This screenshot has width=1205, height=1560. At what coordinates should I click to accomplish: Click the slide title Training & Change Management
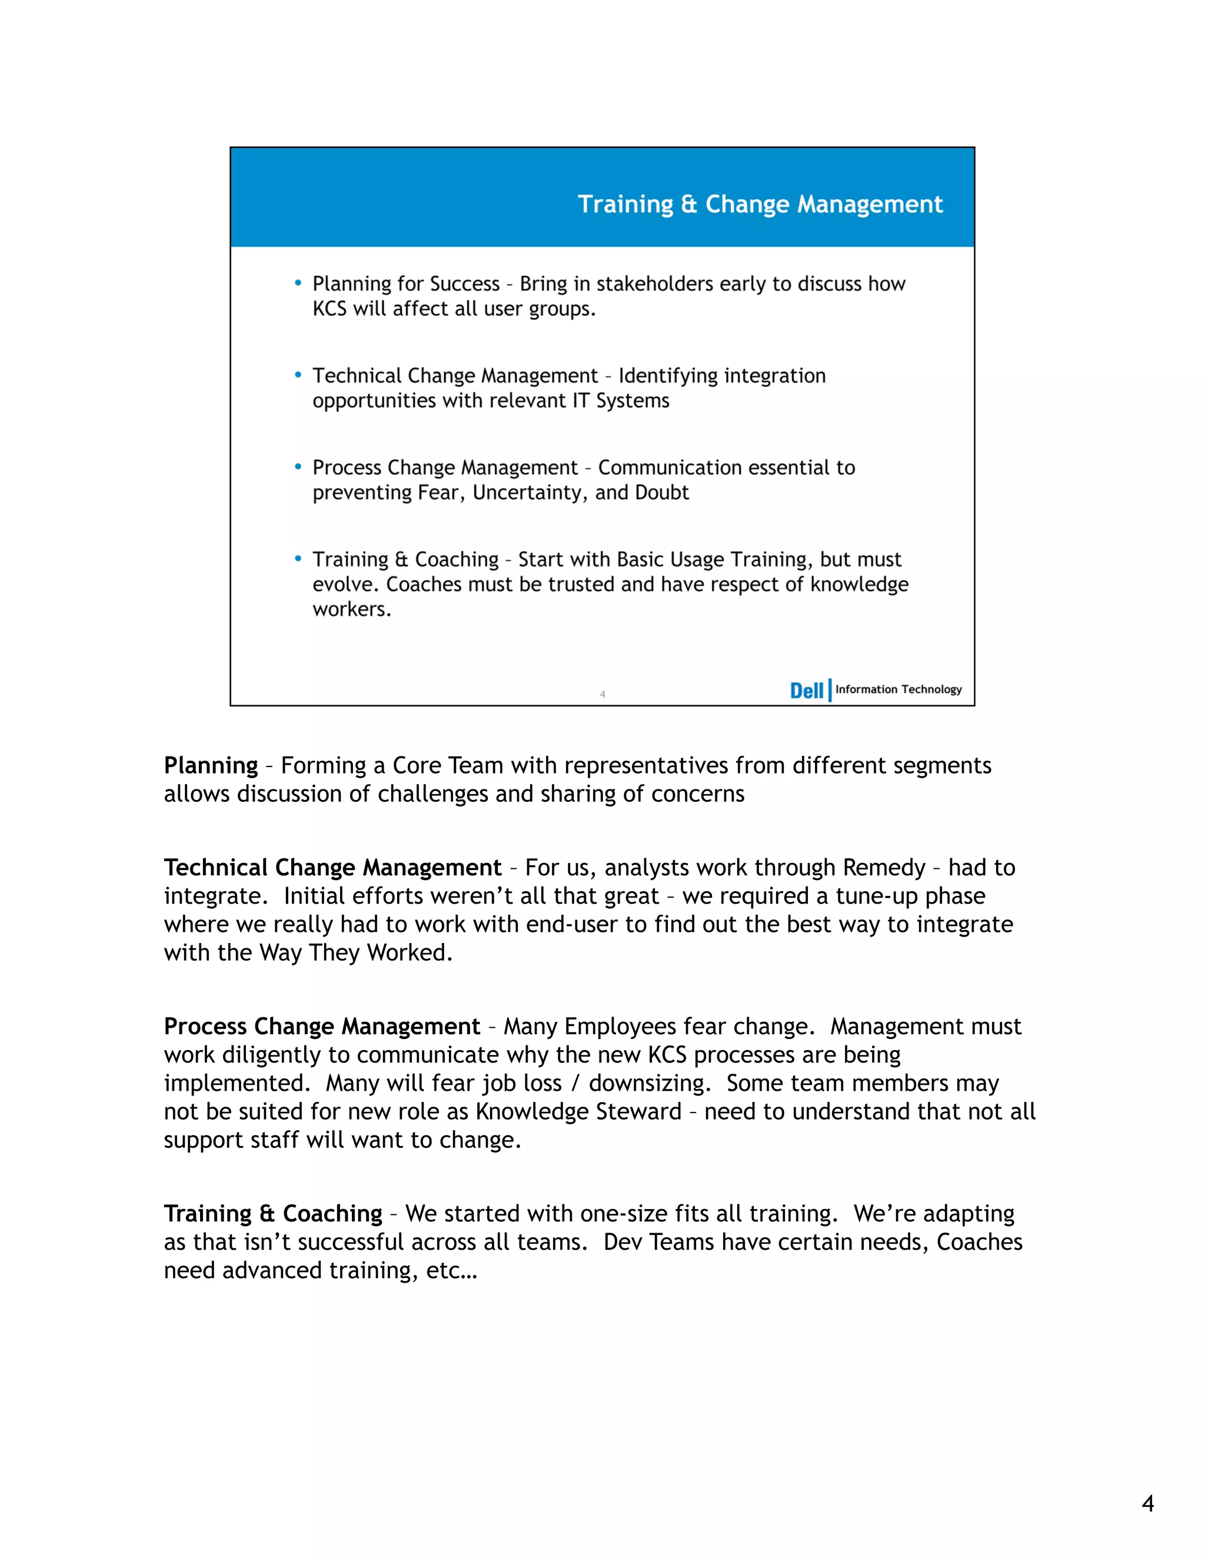[760, 204]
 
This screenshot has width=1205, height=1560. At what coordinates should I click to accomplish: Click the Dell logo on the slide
[806, 691]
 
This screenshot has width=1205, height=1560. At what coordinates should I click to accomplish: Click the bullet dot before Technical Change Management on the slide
[298, 375]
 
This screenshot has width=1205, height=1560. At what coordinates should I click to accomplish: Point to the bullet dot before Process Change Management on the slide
[298, 467]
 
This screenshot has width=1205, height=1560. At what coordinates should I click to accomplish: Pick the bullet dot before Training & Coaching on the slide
[298, 559]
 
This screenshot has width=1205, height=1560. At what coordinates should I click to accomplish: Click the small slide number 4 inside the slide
[602, 694]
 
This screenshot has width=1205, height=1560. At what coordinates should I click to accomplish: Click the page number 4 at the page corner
[1147, 1503]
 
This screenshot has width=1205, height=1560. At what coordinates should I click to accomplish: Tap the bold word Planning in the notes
[211, 766]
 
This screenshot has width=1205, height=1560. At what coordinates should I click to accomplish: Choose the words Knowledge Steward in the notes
[578, 1112]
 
